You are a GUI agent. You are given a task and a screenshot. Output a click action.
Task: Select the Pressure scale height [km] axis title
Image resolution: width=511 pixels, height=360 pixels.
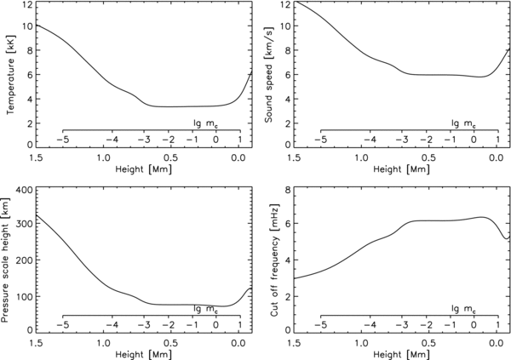(9, 260)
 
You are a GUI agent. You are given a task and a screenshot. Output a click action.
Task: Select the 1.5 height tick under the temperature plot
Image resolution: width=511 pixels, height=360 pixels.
(36, 157)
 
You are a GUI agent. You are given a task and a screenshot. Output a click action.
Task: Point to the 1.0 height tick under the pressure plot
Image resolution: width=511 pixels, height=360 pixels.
(103, 343)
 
